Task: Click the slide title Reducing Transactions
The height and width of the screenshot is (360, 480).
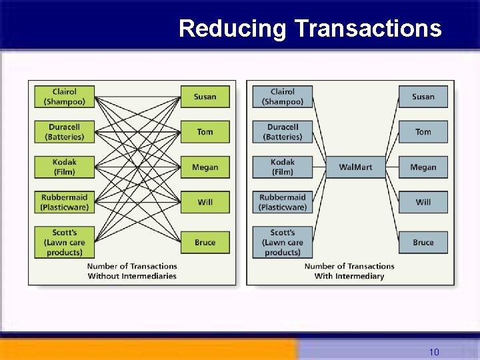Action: click(x=310, y=29)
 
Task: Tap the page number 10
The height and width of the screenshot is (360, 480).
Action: click(x=434, y=351)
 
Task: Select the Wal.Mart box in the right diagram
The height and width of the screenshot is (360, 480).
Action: click(x=355, y=167)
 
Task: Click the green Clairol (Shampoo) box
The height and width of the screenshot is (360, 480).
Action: click(x=65, y=97)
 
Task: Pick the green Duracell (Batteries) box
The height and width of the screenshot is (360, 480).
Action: click(x=65, y=132)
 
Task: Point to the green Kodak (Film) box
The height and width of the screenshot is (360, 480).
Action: click(x=65, y=167)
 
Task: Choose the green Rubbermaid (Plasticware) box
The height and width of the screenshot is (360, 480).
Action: click(x=65, y=202)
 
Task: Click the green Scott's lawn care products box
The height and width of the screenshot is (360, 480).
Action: click(x=65, y=243)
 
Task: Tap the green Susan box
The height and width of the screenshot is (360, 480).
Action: click(x=205, y=97)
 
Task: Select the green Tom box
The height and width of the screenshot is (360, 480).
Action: click(x=205, y=132)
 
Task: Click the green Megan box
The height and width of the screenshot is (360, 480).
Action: click(x=205, y=167)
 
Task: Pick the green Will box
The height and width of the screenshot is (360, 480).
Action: click(x=205, y=202)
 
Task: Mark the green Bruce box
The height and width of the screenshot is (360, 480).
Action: click(x=205, y=243)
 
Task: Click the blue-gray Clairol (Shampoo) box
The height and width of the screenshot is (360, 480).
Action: click(x=283, y=97)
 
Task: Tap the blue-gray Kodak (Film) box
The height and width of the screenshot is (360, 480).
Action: click(x=283, y=167)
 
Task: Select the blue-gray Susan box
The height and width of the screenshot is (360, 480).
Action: click(x=423, y=97)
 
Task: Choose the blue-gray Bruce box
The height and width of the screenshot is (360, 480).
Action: click(x=423, y=243)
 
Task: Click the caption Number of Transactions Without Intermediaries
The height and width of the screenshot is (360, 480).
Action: click(x=132, y=271)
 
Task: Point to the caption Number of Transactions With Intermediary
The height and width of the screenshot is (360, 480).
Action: click(x=349, y=271)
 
